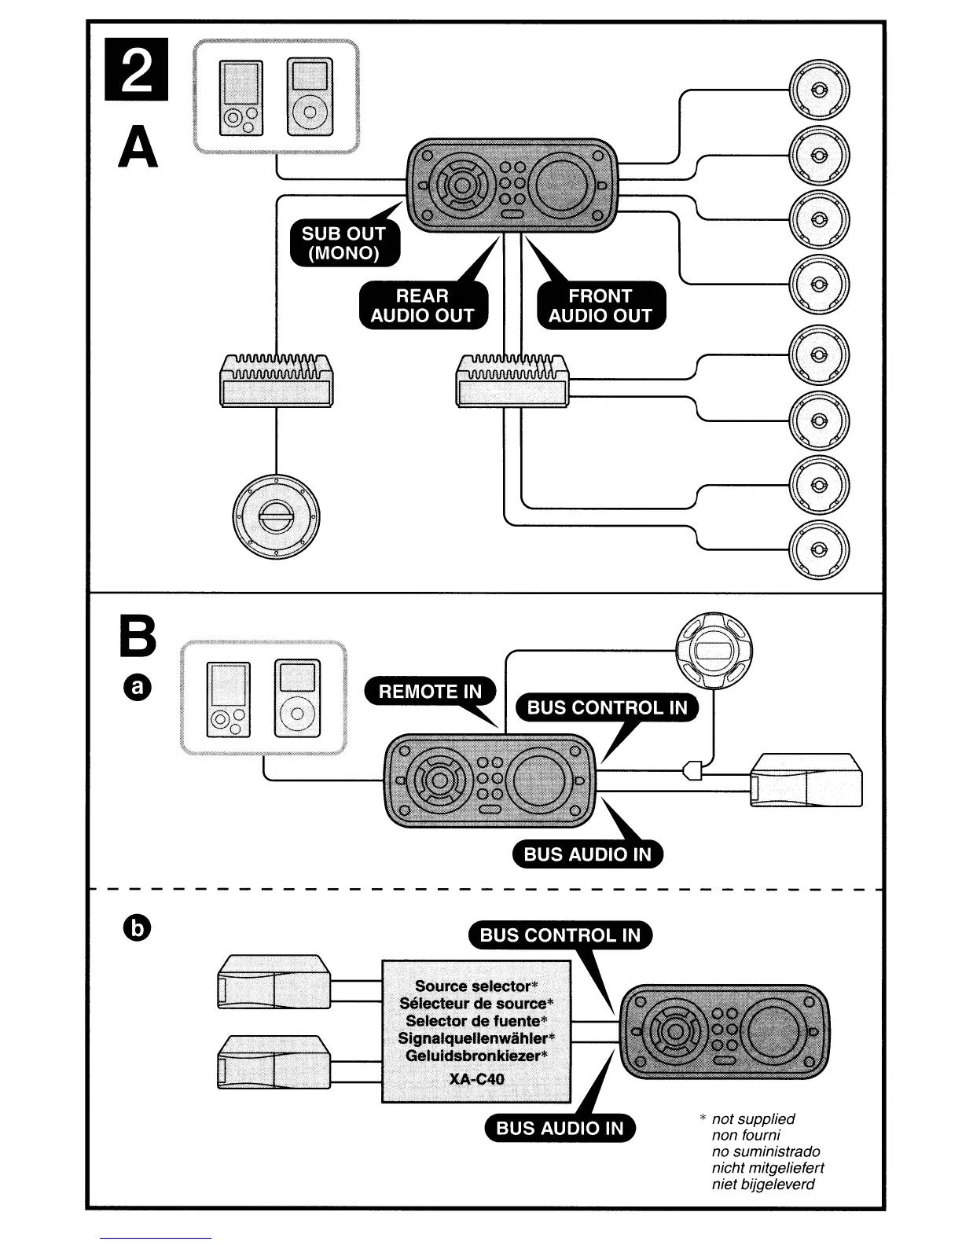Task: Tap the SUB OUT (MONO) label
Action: pyautogui.click(x=343, y=243)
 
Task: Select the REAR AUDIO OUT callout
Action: pyautogui.click(x=422, y=306)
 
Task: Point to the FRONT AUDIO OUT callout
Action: pyautogui.click(x=600, y=306)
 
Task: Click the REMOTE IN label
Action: pyautogui.click(x=430, y=692)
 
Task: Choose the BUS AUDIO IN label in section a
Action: pyautogui.click(x=587, y=854)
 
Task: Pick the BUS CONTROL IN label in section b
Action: pyautogui.click(x=560, y=935)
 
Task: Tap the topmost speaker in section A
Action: pyautogui.click(x=818, y=89)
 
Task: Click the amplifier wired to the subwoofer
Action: pyautogui.click(x=276, y=381)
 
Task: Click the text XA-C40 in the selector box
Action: pyautogui.click(x=476, y=1079)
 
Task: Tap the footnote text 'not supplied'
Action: pyautogui.click(x=753, y=1118)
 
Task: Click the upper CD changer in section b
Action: pyautogui.click(x=274, y=982)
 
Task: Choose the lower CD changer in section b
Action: pyautogui.click(x=274, y=1062)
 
